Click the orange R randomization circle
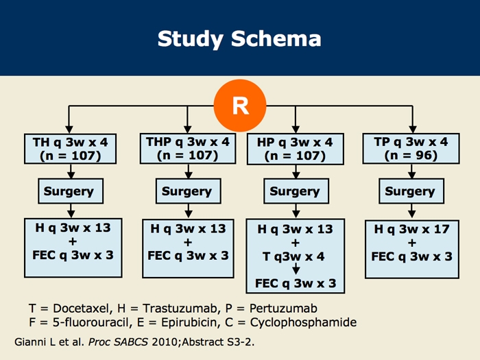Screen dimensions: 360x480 [x=239, y=106]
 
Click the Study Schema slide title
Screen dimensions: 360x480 [x=239, y=38]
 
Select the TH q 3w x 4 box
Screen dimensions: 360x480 [x=70, y=149]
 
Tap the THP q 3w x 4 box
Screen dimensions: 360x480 [x=187, y=148]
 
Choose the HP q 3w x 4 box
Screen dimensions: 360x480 [x=295, y=149]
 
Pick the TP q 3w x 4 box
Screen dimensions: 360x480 [x=411, y=149]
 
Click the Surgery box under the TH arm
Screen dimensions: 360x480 [x=69, y=191]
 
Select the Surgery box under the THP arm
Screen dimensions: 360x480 [x=187, y=191]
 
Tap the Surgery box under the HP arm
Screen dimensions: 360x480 [x=295, y=191]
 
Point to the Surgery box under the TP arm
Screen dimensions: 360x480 [x=410, y=191]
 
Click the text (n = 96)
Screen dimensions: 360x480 [x=411, y=156]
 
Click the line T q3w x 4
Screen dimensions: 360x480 [x=296, y=256]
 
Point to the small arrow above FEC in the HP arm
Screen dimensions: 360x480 [x=296, y=269]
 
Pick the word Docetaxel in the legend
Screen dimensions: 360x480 [x=73, y=308]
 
